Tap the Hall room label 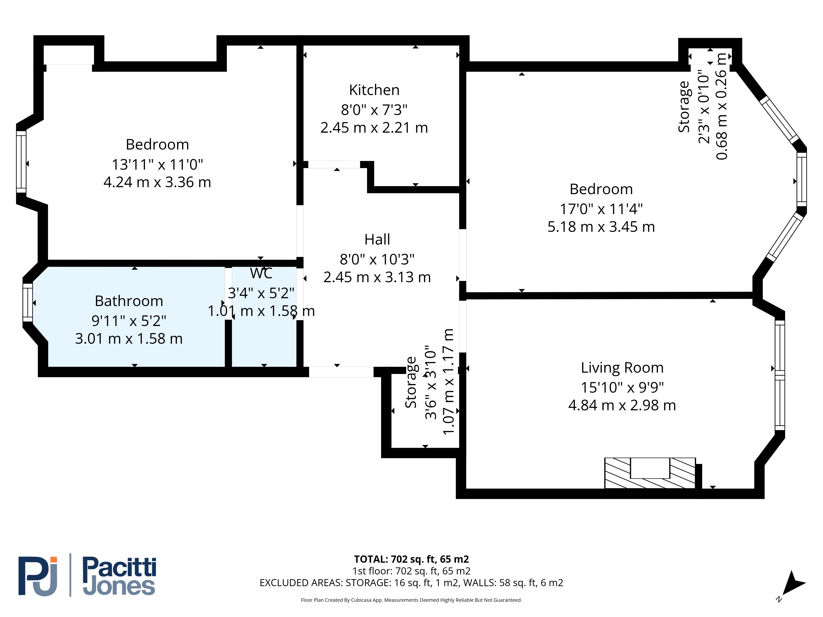coord(377,240)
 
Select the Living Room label coord(622,368)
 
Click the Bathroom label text coord(129,301)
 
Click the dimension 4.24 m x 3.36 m coord(157,182)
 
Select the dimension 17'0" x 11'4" coord(601,209)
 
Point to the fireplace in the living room coord(650,473)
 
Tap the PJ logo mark coord(38,576)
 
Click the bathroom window coord(28,302)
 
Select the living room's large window coord(780,375)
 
